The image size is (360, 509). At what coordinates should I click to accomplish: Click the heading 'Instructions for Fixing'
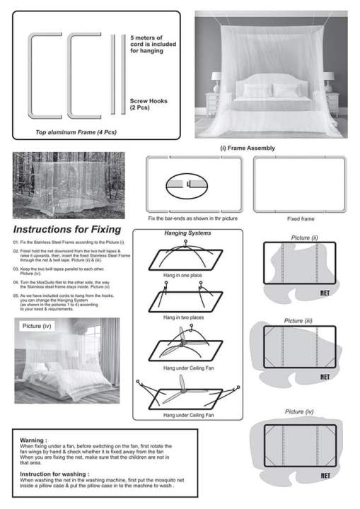[x=66, y=230]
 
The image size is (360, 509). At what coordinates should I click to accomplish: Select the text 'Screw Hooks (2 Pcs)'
[x=149, y=105]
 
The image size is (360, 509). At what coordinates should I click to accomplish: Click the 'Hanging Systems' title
[x=187, y=233]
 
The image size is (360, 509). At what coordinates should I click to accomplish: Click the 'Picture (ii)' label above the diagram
[x=304, y=238]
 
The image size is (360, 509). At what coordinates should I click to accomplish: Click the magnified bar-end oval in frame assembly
[x=187, y=187]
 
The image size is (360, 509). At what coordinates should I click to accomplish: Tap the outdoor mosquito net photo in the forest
[x=69, y=185]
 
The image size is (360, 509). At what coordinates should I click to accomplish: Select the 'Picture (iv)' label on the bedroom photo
[x=37, y=326]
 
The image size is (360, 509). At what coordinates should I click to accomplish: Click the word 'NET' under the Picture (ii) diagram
[x=325, y=299]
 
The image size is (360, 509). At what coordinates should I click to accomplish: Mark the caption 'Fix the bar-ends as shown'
[x=192, y=218]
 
